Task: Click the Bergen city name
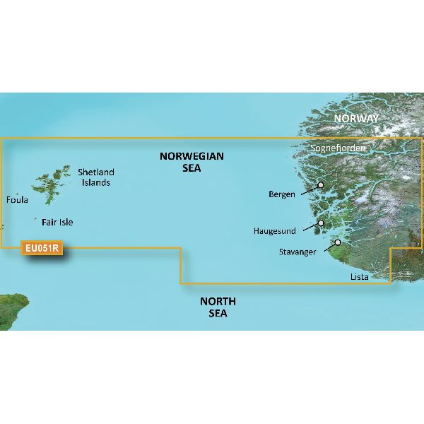(x=282, y=194)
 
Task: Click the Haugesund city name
(x=276, y=231)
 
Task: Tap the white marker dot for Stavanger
(x=338, y=243)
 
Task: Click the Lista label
(x=359, y=277)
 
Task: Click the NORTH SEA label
(x=218, y=307)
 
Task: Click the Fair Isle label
(x=57, y=222)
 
